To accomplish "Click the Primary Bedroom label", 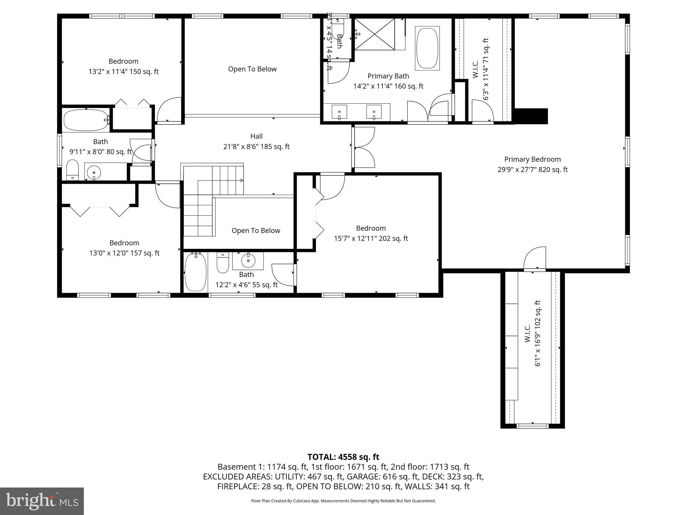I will [x=532, y=159].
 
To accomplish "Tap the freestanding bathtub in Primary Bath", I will [x=427, y=48].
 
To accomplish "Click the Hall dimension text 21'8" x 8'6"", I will [x=256, y=147].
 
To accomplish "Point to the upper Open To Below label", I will [x=252, y=69].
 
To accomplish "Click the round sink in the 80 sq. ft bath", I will [x=94, y=173].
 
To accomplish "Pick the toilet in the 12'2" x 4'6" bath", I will [x=223, y=263].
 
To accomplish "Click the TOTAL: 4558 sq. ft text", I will [x=343, y=457].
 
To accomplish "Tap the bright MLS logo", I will [x=42, y=501].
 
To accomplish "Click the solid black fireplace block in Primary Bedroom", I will [x=531, y=116].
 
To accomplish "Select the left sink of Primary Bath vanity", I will [x=339, y=112].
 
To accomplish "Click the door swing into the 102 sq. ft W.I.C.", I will [x=535, y=258].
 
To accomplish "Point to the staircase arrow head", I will [x=242, y=180].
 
